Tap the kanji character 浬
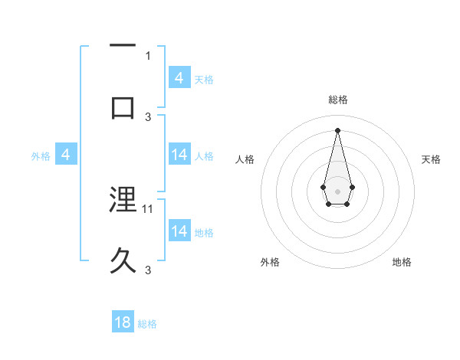[123, 200]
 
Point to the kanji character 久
[123, 260]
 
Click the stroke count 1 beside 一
[148, 55]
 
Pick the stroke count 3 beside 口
[148, 116]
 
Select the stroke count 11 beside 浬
[149, 208]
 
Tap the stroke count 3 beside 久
[148, 270]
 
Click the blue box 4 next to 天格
[179, 78]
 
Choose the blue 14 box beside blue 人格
[179, 155]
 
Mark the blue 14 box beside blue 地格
[179, 231]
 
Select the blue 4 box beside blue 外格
[66, 155]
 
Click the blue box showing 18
[123, 322]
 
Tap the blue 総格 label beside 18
[147, 323]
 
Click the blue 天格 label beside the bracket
[204, 79]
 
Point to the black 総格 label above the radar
[337, 100]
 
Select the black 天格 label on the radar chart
[431, 159]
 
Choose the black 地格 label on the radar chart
[402, 263]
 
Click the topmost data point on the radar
[337, 129]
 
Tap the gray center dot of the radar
[337, 190]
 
